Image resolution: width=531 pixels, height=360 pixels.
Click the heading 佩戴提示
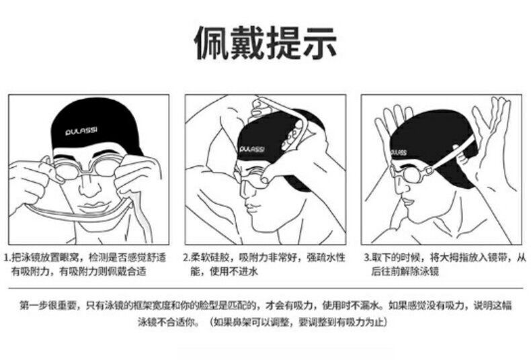[265, 43]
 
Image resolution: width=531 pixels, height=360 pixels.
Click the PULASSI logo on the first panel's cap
[81, 130]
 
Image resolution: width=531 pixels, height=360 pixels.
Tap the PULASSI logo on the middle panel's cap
[251, 149]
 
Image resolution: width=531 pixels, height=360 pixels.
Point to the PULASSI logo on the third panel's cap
[399, 152]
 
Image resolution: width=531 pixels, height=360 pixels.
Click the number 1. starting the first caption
[7, 258]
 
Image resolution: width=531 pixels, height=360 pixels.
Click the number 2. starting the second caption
[187, 258]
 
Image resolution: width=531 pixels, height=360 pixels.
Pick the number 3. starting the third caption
[368, 258]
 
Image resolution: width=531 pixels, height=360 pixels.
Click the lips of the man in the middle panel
[249, 205]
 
